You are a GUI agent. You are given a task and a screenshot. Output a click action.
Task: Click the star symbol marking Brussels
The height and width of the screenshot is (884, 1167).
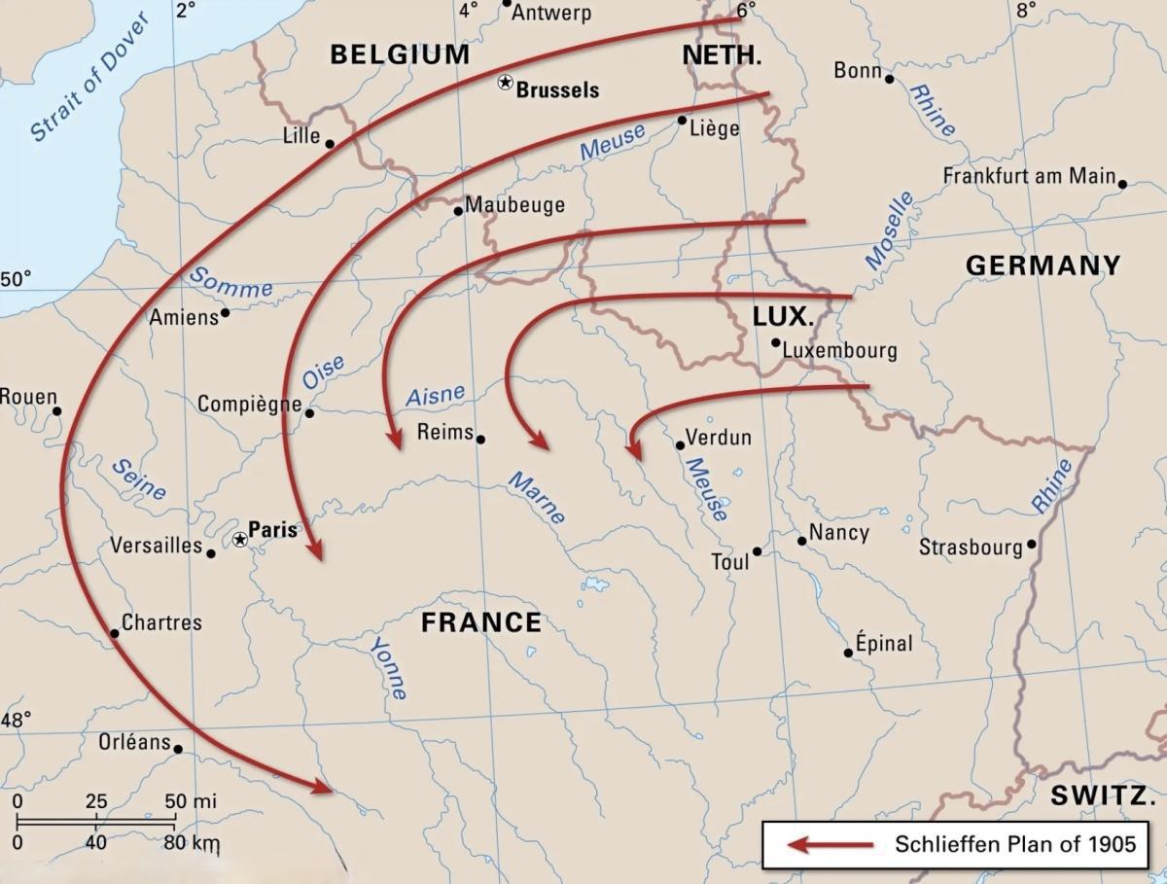coord(505,84)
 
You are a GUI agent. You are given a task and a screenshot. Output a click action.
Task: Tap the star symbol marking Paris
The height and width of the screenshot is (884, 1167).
coord(240,539)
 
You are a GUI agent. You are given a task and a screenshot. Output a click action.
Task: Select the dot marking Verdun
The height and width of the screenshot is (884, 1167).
coord(680,445)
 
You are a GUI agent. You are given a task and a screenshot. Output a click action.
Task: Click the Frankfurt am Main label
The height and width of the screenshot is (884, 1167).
coord(1029,177)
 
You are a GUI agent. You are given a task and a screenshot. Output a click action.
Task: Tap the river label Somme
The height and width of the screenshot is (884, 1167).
coord(230,282)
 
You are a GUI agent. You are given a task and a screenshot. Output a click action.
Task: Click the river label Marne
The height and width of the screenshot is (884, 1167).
coord(537,497)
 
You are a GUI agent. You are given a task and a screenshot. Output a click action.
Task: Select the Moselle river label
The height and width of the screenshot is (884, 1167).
coord(890,230)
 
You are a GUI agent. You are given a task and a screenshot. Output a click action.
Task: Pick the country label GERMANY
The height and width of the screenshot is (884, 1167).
coord(1043,265)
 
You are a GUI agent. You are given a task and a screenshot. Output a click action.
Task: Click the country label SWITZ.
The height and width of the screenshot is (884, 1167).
coord(1101,796)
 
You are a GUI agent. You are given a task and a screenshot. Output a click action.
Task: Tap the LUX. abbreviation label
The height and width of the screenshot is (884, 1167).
coord(782,317)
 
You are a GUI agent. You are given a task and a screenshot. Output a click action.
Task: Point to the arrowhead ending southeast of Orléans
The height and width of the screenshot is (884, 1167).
coord(322,788)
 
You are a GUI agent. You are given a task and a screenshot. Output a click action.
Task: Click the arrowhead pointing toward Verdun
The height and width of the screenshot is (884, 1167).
coord(632,448)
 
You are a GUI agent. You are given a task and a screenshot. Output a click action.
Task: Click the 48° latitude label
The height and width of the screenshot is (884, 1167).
coord(16,721)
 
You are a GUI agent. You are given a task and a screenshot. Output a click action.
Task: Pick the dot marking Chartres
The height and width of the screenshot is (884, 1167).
coord(114,634)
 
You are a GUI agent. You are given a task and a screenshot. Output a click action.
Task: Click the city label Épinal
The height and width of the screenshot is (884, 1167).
coord(884,644)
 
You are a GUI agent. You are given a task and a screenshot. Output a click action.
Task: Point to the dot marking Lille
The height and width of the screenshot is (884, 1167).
coord(330,144)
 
